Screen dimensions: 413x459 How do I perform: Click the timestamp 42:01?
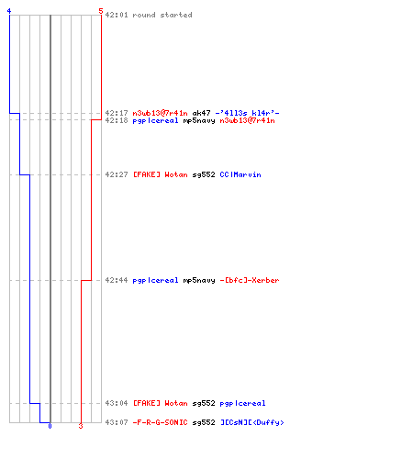point(117,15)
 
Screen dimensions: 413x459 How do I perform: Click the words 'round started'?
point(162,15)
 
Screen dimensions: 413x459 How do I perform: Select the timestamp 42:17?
point(117,113)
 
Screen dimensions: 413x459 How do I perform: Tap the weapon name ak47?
point(201,113)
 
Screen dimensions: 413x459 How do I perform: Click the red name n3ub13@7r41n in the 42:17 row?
point(160,113)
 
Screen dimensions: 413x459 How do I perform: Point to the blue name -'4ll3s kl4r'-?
point(247,113)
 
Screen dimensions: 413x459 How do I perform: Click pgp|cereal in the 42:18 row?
point(155,120)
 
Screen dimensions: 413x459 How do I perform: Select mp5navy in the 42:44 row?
point(199,280)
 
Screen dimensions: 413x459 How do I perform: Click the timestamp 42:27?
point(117,174)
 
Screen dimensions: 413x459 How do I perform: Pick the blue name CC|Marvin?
point(240,174)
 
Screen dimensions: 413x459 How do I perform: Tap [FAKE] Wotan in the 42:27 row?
point(161,174)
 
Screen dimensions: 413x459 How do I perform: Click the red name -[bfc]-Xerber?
point(250,280)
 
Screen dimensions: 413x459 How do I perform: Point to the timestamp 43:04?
point(117,403)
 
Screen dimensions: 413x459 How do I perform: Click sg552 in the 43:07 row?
point(204,422)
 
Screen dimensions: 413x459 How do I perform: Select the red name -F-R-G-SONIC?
point(160,422)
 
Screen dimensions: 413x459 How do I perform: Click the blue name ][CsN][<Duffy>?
point(252,422)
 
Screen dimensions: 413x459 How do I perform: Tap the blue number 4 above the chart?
point(9,11)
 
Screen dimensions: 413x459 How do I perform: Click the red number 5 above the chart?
point(101,11)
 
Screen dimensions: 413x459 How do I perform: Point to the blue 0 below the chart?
point(50,426)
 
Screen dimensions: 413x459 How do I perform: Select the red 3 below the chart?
point(81,426)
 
